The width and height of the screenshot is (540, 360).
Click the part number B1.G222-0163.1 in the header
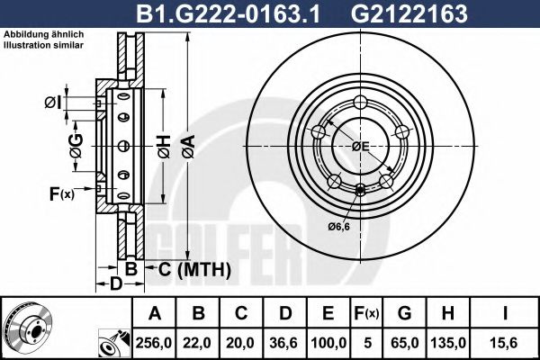pos(228,13)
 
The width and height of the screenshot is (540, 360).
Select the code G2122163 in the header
pos(409,13)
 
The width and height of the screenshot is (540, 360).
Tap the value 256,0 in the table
pos(154,343)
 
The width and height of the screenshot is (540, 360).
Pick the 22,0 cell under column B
pos(197,343)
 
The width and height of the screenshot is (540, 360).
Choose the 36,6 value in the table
pos(283,343)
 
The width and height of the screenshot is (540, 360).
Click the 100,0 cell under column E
pos(328,343)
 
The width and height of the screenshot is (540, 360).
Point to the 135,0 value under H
pos(448,343)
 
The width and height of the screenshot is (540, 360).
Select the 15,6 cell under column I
pos(504,343)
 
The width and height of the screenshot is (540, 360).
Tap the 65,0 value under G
pos(405,343)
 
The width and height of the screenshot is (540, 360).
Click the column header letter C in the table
pos(241,313)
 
